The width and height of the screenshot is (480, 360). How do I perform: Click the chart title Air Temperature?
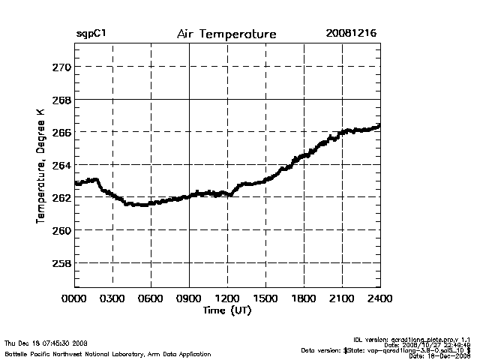[226, 34]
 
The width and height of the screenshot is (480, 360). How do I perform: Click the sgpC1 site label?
[91, 34]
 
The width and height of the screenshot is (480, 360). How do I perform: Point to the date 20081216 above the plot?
[352, 34]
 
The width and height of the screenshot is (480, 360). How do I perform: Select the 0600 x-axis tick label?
[151, 298]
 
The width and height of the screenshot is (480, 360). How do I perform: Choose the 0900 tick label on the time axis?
[189, 298]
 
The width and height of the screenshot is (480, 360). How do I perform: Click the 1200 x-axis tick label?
[227, 298]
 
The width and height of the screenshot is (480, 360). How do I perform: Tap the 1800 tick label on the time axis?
[304, 298]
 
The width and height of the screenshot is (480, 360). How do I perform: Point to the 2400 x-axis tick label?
[379, 298]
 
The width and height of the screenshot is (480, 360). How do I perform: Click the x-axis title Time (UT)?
[226, 310]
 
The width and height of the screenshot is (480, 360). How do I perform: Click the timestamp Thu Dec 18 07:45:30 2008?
[46, 343]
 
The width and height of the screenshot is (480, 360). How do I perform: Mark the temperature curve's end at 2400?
[379, 126]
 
